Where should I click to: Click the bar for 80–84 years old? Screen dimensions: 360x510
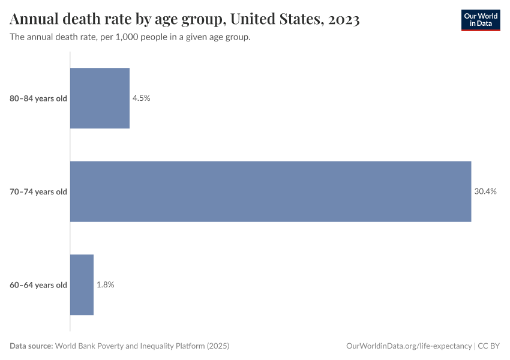tap(100, 98)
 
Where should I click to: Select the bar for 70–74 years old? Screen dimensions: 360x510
tap(271, 191)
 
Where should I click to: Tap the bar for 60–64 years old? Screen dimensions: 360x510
tap(82, 284)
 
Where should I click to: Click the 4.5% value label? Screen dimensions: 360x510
tap(142, 98)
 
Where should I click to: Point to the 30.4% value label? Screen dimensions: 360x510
tap(485, 191)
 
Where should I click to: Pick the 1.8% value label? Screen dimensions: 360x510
tap(106, 284)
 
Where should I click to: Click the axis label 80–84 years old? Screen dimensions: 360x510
tap(38, 98)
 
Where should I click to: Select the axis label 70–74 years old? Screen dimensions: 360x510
tap(38, 191)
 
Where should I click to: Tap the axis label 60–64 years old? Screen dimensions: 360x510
tap(38, 285)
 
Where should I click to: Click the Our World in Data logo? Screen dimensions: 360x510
tap(481, 20)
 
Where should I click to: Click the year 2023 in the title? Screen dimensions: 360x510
tap(344, 20)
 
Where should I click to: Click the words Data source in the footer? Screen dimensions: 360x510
tap(31, 346)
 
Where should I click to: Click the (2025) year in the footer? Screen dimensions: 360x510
tap(217, 346)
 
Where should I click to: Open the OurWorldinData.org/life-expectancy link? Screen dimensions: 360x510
tap(409, 346)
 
